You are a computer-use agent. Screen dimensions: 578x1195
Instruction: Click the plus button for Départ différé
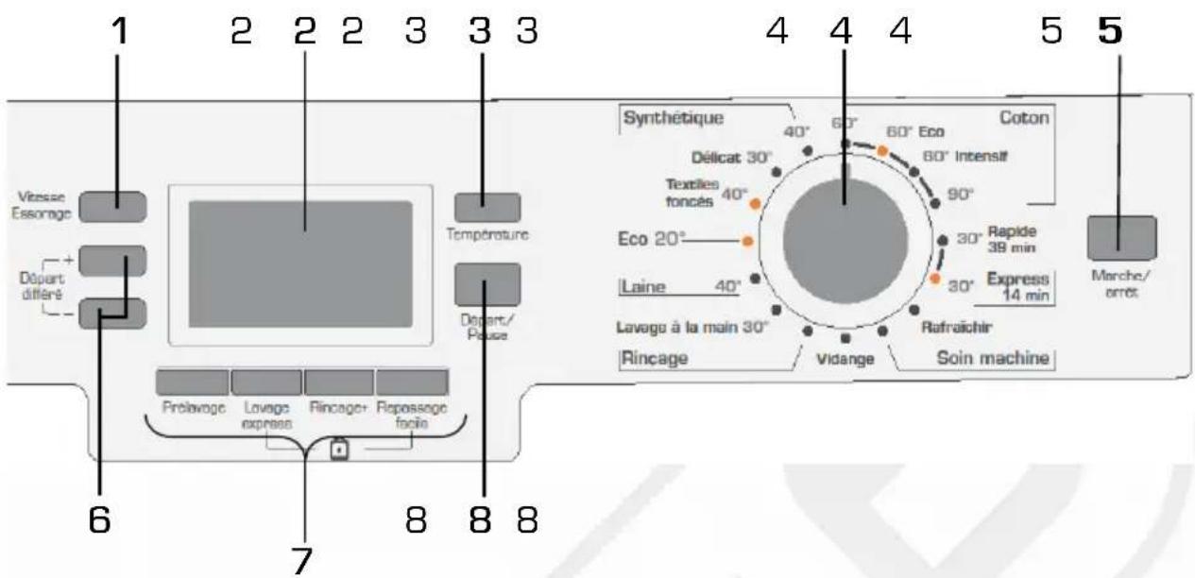click(x=111, y=262)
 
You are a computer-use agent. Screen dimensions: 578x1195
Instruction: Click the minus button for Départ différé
click(x=111, y=313)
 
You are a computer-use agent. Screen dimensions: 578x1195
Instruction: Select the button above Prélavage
click(x=192, y=381)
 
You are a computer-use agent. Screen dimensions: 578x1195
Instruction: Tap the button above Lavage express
click(x=266, y=381)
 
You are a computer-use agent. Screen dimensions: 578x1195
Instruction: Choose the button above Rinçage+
click(x=339, y=381)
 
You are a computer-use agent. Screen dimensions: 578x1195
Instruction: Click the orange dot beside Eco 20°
click(x=748, y=242)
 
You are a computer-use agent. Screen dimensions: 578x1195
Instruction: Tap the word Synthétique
click(x=673, y=118)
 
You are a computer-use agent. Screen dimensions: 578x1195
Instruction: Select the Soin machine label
click(x=981, y=358)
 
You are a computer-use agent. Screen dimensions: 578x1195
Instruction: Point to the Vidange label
click(x=845, y=359)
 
